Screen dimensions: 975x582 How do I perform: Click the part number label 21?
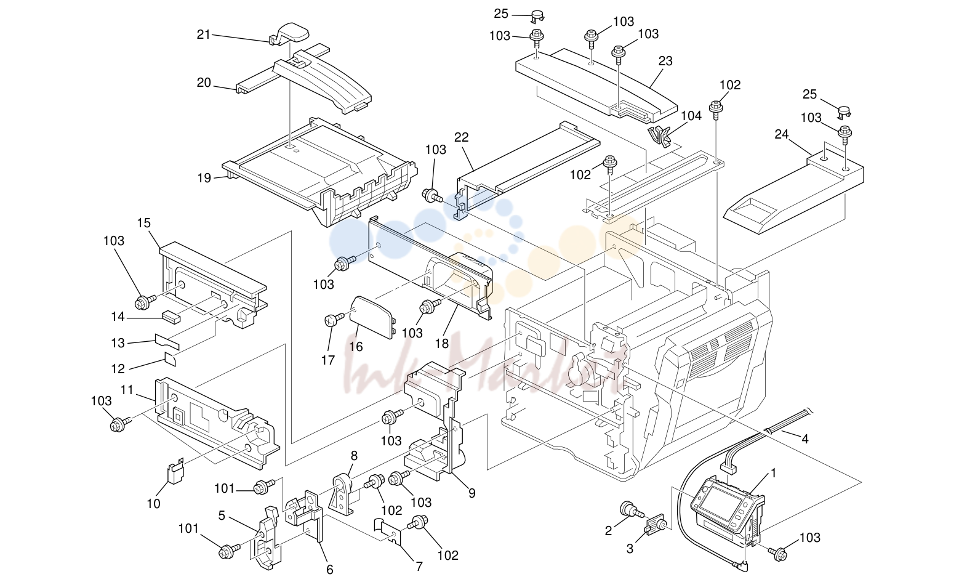(x=204, y=34)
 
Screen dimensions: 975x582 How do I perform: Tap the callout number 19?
(x=204, y=178)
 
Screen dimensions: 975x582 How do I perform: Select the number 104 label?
(x=691, y=116)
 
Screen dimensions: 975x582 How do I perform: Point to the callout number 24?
(x=781, y=134)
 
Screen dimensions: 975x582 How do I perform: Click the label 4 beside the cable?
(x=805, y=439)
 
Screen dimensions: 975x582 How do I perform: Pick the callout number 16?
(x=356, y=347)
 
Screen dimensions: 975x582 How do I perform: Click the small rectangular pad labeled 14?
(x=171, y=318)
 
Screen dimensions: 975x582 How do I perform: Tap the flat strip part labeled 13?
(x=167, y=342)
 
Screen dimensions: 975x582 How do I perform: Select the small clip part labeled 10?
(x=176, y=471)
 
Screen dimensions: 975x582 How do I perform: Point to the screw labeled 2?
(x=630, y=510)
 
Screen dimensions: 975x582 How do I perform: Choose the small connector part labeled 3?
(x=656, y=523)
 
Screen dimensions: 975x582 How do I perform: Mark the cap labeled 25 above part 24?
(x=845, y=112)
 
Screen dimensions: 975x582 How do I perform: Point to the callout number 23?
(x=665, y=61)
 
